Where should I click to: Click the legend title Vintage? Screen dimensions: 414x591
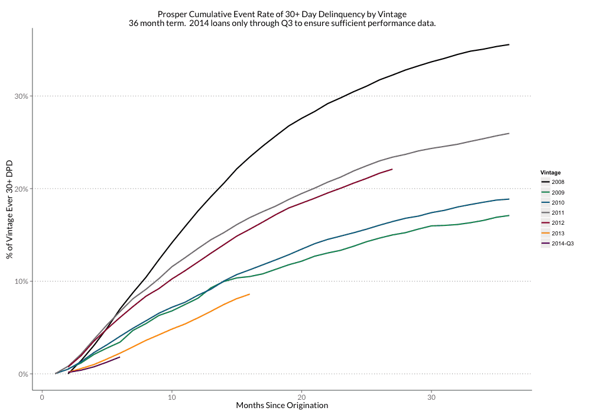click(x=550, y=172)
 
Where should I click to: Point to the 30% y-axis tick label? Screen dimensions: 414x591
click(x=21, y=96)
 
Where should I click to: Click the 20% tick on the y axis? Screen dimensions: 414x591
click(x=21, y=189)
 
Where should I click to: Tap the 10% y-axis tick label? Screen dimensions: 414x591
click(x=21, y=282)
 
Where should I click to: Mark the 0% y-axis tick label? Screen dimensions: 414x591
click(x=23, y=374)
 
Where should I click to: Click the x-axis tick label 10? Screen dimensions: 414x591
click(x=171, y=396)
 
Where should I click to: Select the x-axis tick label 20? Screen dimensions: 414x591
click(x=301, y=396)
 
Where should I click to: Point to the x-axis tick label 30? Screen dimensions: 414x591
click(x=431, y=396)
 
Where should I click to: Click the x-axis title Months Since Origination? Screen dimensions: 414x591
click(x=282, y=406)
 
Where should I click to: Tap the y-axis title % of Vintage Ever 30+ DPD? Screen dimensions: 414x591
click(x=9, y=209)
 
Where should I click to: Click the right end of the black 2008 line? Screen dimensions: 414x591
click(x=509, y=44)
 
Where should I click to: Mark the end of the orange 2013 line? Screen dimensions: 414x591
click(x=249, y=294)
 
